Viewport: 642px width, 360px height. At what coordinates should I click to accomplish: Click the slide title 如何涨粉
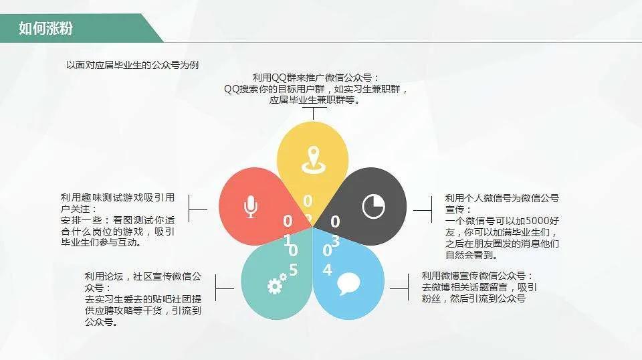[45, 29]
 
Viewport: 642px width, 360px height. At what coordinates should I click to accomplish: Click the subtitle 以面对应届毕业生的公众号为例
[132, 65]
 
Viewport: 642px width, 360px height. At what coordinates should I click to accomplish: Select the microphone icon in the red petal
[251, 207]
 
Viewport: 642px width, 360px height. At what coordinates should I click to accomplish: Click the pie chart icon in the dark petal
[374, 206]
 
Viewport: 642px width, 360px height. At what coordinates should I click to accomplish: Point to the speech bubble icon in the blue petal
[348, 284]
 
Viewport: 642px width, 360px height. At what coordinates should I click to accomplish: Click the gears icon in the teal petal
[276, 285]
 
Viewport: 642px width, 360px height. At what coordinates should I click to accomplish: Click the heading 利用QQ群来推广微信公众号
[316, 78]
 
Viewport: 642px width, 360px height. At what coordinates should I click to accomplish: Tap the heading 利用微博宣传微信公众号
[477, 276]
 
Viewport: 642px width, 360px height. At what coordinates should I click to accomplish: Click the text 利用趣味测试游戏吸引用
[118, 198]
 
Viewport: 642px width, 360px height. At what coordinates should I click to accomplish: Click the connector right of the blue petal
[399, 289]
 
